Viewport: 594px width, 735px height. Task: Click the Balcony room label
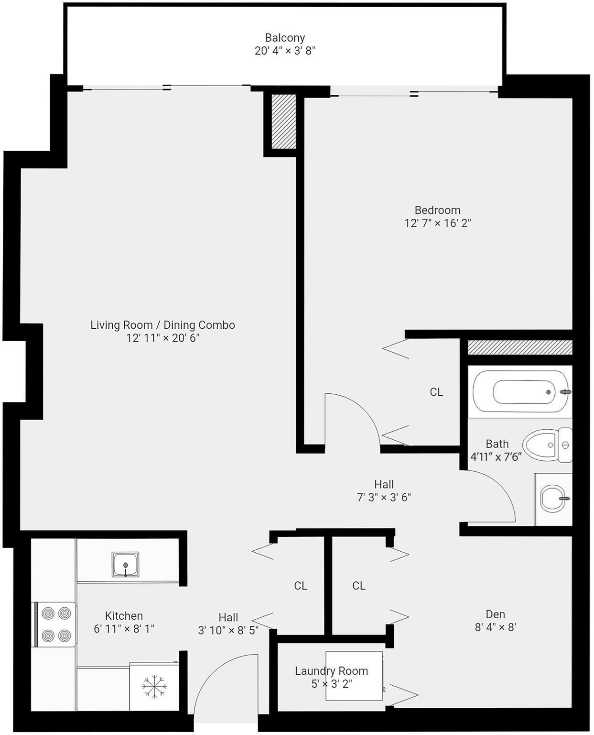point(285,38)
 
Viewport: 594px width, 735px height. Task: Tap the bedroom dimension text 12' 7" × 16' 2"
point(437,223)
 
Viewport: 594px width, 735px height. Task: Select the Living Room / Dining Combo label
point(162,325)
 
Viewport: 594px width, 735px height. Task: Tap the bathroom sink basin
point(553,499)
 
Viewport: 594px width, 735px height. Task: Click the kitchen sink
point(126,564)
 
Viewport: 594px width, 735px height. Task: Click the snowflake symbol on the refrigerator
point(154,686)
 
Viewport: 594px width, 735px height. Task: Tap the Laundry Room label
point(331,671)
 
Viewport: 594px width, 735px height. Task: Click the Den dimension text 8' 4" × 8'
point(495,627)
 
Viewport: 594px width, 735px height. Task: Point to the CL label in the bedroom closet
point(436,392)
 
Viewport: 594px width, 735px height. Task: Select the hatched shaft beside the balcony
point(284,122)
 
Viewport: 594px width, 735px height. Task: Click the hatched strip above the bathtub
point(519,347)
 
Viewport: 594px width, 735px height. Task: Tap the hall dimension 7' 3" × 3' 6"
point(384,497)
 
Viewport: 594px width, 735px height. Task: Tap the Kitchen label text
point(124,616)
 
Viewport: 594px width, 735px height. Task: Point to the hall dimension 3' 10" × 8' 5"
point(228,630)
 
